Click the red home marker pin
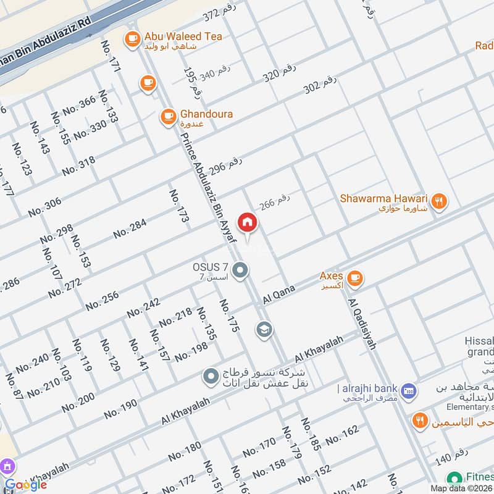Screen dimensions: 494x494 247,222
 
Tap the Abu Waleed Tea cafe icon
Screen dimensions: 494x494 132,40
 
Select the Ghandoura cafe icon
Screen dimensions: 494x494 167,115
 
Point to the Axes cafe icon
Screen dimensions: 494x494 354,278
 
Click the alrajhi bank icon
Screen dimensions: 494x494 408,390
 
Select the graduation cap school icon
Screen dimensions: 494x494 264,330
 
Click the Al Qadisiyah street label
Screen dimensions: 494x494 362,324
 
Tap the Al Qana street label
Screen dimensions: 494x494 280,292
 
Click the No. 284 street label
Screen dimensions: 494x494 130,229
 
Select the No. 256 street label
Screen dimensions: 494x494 102,301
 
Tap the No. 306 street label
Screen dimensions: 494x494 45,207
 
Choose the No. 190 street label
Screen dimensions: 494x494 120,409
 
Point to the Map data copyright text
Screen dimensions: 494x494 461,488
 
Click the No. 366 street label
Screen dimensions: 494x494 79,104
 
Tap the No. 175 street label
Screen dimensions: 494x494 228,316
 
